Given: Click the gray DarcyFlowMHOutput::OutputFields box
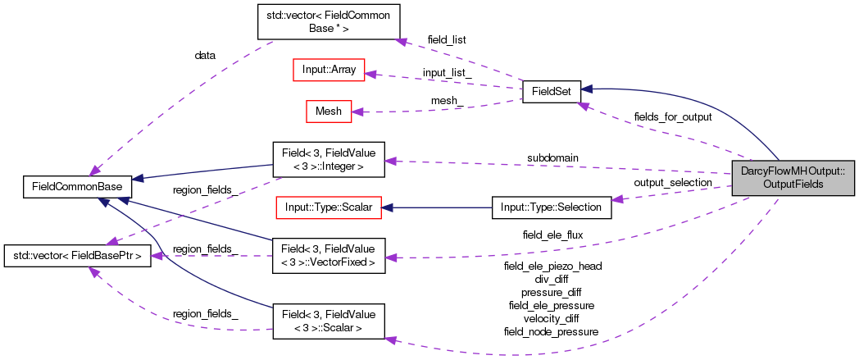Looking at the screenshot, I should (x=793, y=178).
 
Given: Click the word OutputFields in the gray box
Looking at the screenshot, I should (x=793, y=185).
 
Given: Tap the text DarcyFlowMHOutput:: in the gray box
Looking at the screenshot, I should (x=793, y=171).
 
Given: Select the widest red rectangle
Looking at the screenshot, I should (x=328, y=207).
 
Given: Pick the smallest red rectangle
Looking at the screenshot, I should (x=329, y=112).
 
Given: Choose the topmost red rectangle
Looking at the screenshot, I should (x=329, y=70).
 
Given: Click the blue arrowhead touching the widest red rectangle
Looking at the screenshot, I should (x=388, y=207).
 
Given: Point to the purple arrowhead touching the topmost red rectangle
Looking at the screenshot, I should (x=370, y=75).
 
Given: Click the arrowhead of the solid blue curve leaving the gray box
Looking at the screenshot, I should (x=585, y=89).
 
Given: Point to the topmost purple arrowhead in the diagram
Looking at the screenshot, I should (x=400, y=41).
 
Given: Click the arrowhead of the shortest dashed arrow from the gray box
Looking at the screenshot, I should (x=617, y=199).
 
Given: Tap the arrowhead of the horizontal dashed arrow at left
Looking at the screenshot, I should (x=156, y=257).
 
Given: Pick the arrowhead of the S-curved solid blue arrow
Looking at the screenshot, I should (x=103, y=201).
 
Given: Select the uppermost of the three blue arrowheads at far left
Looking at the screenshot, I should (x=137, y=178).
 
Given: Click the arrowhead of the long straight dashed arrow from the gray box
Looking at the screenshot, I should (x=390, y=162).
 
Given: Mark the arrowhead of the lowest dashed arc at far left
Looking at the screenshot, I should (x=94, y=271).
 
